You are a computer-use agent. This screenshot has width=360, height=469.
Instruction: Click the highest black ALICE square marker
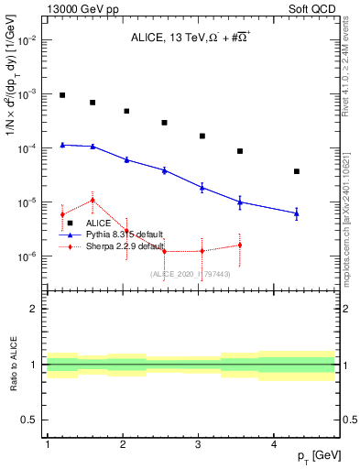pyautogui.click(x=62, y=95)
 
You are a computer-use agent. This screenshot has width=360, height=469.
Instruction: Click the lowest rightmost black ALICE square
pyautogui.click(x=297, y=171)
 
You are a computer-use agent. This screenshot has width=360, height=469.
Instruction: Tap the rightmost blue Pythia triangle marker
pyautogui.click(x=297, y=213)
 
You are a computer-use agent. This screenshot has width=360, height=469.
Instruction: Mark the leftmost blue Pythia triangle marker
pyautogui.click(x=62, y=144)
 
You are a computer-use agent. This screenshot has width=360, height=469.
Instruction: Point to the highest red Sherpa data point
pyautogui.click(x=93, y=200)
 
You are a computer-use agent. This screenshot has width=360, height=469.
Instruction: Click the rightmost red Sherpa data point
pyautogui.click(x=240, y=245)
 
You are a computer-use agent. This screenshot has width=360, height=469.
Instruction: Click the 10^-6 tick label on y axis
pyautogui.click(x=27, y=256)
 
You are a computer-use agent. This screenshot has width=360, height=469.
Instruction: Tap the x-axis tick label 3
pyautogui.click(x=199, y=444)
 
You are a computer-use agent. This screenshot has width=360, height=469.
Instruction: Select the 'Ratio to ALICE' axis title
pyautogui.click(x=12, y=365)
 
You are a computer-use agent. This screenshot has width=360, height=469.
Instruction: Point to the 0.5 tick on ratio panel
pyautogui.click(x=29, y=420)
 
